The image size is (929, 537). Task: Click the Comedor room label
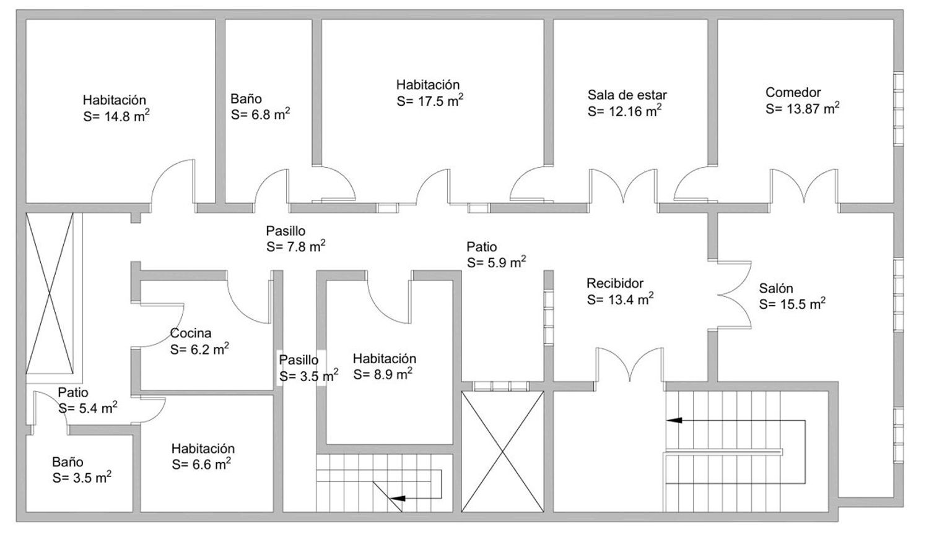[x=793, y=92]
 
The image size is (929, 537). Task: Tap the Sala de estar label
[x=627, y=95]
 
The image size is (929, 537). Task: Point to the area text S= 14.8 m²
[x=116, y=116]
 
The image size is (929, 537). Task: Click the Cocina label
[x=191, y=333]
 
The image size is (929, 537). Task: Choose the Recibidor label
[x=614, y=283]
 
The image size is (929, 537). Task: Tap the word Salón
[x=776, y=288]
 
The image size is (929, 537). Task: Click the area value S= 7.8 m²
[x=295, y=246]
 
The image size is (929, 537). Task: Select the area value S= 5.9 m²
[x=497, y=262]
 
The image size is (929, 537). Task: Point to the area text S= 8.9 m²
[x=382, y=374]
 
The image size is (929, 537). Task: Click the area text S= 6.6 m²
[x=201, y=464]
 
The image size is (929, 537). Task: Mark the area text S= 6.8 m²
[x=261, y=114]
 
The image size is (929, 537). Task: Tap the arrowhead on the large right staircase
[x=674, y=420]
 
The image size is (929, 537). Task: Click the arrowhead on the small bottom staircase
[x=398, y=498]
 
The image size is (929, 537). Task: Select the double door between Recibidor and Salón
[x=734, y=294]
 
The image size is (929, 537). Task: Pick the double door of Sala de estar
[x=623, y=186]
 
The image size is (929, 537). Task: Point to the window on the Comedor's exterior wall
[x=898, y=110]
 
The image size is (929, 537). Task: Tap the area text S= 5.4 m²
[x=87, y=408]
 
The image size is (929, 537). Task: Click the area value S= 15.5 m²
[x=792, y=304]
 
